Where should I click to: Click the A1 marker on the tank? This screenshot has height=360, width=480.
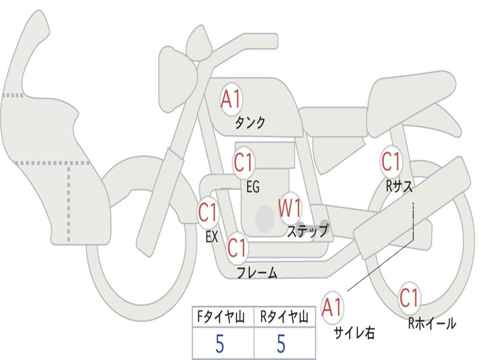point(232,99)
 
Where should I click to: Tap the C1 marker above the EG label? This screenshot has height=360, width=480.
point(244,162)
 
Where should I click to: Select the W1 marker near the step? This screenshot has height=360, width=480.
point(290,208)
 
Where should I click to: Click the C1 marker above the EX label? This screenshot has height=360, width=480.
point(208,212)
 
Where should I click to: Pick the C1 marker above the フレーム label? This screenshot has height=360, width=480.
point(237,247)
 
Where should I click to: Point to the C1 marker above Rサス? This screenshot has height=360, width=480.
point(391,161)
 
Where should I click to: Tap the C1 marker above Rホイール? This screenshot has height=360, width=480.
point(409,298)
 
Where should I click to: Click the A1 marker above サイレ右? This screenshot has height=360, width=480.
point(332,307)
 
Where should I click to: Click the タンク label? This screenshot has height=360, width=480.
point(250,122)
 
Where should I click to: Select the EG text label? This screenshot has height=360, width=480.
point(253,187)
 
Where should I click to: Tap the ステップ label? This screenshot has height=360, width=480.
point(307,231)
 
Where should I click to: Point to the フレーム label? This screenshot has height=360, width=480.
point(257,272)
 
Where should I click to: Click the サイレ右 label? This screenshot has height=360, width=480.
point(354,332)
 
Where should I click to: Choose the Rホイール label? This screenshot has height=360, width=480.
point(432,323)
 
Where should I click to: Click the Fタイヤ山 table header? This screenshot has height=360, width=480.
point(221,316)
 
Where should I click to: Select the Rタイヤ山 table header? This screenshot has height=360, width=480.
point(284,316)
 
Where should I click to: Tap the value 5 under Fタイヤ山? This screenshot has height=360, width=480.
point(220,344)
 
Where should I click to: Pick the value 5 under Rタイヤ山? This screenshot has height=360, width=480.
point(281,344)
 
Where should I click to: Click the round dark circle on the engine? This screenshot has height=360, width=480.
point(265,219)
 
